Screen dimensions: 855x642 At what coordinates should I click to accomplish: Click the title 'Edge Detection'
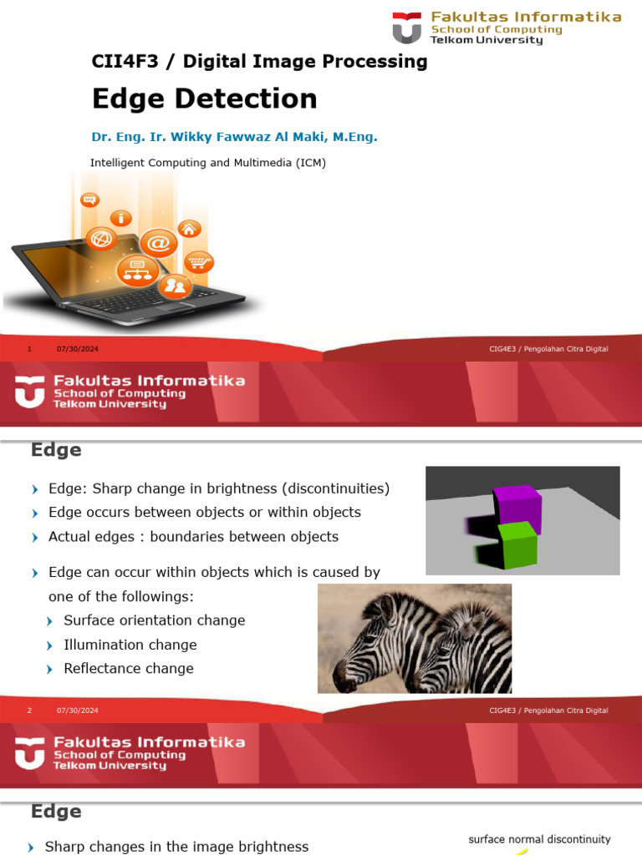click(x=204, y=99)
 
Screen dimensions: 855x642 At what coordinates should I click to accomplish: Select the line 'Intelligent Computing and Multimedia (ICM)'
click(x=207, y=163)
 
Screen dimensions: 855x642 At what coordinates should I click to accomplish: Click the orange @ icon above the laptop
click(x=158, y=243)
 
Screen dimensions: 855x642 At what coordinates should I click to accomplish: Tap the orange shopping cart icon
click(x=198, y=263)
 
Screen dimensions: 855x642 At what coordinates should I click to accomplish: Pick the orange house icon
click(x=190, y=228)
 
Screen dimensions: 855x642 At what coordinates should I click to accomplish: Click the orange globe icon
click(x=101, y=239)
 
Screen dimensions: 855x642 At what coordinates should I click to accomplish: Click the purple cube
click(x=517, y=507)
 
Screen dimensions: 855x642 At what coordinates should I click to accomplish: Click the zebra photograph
click(x=415, y=638)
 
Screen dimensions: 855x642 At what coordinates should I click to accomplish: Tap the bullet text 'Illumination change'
click(x=130, y=645)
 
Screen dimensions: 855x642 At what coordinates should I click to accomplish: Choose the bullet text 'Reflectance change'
click(x=128, y=668)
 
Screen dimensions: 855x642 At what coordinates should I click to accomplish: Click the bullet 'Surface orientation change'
click(x=154, y=620)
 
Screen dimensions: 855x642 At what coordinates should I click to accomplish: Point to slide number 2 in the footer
click(x=29, y=711)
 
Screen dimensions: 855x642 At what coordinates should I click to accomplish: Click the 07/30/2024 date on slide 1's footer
click(x=78, y=349)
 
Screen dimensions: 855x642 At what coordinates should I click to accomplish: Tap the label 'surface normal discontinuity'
click(x=539, y=839)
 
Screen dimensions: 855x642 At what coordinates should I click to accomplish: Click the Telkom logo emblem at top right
click(x=407, y=28)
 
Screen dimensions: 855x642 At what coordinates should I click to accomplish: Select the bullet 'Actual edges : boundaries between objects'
click(x=193, y=537)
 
